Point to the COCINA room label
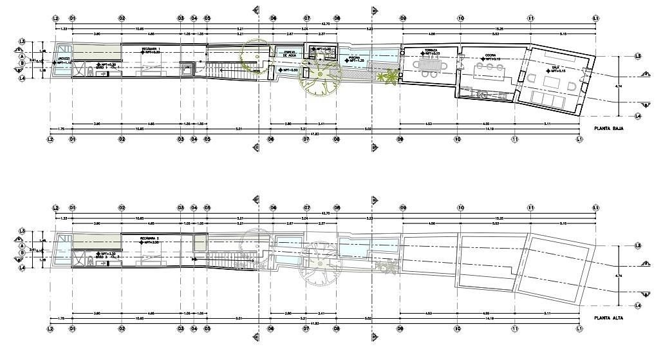click(x=485, y=55)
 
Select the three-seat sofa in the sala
click(x=545, y=99)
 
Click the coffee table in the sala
click(x=552, y=83)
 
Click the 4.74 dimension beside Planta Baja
click(x=619, y=86)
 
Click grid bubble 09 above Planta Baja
click(x=403, y=17)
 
